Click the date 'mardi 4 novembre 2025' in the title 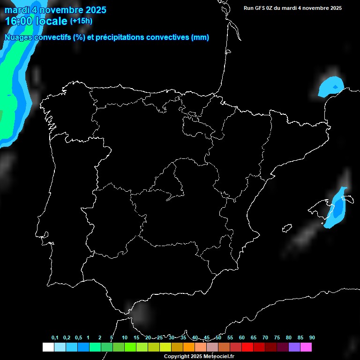[55, 10]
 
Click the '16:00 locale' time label [36, 21]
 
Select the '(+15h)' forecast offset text [81, 21]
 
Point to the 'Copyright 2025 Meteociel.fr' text [199, 357]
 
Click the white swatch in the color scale [48, 347]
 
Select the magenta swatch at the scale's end [306, 347]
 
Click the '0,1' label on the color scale [55, 338]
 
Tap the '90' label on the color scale [312, 338]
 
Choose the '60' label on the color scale [241, 338]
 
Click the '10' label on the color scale [124, 338]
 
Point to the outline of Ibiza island [287, 228]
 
